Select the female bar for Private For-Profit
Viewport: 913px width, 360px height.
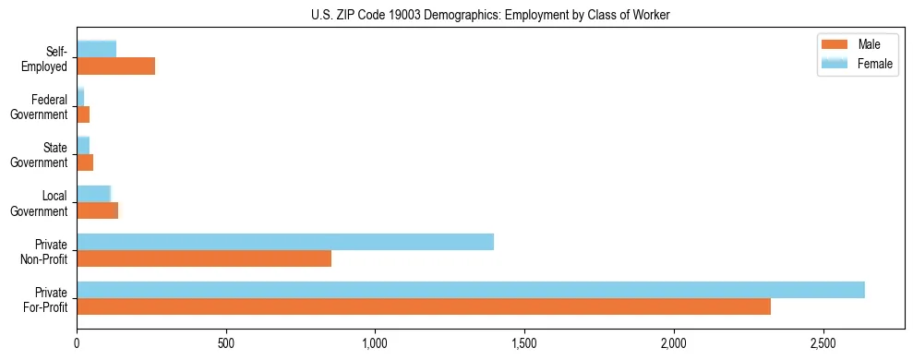pyautogui.click(x=471, y=290)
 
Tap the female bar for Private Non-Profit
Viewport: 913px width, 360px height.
pyautogui.click(x=285, y=242)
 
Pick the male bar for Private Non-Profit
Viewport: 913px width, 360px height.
pyautogui.click(x=204, y=258)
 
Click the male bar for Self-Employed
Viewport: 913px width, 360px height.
pyautogui.click(x=115, y=66)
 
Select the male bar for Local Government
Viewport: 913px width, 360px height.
pyautogui.click(x=97, y=210)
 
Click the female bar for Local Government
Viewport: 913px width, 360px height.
pyautogui.click(x=93, y=194)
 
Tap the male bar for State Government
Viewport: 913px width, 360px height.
pyautogui.click(x=85, y=162)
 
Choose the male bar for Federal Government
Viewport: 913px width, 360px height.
pyautogui.click(x=83, y=114)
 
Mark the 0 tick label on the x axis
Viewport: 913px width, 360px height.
pyautogui.click(x=77, y=342)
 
